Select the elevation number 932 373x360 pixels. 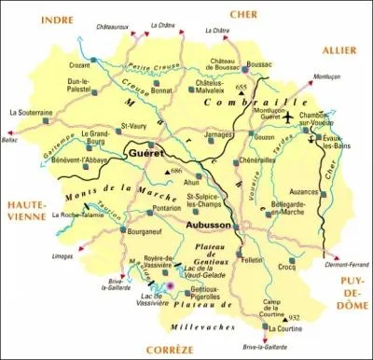coord(295,317)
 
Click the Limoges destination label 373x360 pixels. coord(64,255)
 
